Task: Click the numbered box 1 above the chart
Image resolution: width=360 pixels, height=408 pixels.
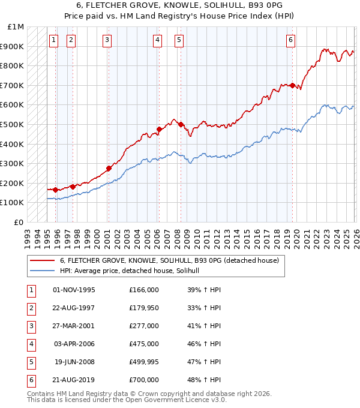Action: [x=53, y=40]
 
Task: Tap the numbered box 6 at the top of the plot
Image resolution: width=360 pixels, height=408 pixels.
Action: [x=290, y=40]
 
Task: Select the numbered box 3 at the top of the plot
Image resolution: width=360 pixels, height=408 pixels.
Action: [x=107, y=40]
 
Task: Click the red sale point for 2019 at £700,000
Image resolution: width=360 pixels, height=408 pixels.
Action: [x=292, y=85]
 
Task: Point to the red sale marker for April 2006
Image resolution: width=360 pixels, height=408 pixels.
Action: [x=159, y=129]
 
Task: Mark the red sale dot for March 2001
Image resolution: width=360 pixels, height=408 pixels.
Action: [x=109, y=168]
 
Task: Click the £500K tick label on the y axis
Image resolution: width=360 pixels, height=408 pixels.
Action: [x=12, y=124]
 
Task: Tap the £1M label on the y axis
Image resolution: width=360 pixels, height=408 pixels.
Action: [x=16, y=27]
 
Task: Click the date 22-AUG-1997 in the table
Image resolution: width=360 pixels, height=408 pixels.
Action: [x=74, y=308]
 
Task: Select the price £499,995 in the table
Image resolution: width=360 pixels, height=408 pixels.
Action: [x=144, y=362]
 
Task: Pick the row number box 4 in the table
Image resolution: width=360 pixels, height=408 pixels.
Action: [x=31, y=344]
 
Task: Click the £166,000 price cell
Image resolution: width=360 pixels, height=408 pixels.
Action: [x=144, y=290]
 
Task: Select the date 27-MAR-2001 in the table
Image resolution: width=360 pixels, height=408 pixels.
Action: [x=74, y=326]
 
